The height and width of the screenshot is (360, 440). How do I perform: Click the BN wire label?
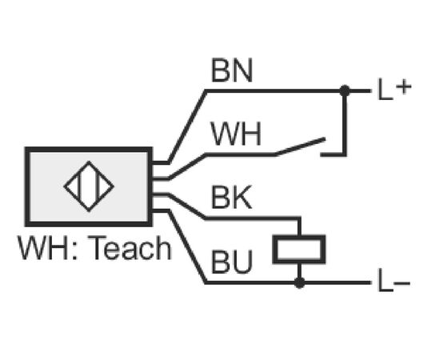[x=232, y=70]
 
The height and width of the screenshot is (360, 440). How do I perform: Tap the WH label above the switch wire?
[x=236, y=134]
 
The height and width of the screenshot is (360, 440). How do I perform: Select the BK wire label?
[x=231, y=198]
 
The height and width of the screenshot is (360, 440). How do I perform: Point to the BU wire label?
[x=232, y=262]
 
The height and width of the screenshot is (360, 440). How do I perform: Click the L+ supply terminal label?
[x=394, y=89]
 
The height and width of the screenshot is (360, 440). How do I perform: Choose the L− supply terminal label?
[x=394, y=281]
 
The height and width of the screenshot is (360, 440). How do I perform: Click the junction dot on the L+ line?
[x=345, y=90]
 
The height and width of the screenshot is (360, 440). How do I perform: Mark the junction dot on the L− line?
[x=299, y=283]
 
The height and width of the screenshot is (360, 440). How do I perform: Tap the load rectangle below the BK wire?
[x=299, y=250]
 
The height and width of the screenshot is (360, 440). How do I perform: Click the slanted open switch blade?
[x=300, y=146]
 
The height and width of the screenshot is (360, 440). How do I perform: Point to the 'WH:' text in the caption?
[x=47, y=248]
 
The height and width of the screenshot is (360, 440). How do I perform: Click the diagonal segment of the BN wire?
[x=187, y=126]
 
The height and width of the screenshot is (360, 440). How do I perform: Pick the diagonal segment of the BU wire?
[x=187, y=246]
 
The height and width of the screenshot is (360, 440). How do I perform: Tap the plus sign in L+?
[x=404, y=86]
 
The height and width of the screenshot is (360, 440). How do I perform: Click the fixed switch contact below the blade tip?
[x=334, y=154]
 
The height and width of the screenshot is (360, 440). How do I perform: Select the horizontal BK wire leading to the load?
[x=253, y=218]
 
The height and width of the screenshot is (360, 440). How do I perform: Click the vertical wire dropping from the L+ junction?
[x=345, y=123]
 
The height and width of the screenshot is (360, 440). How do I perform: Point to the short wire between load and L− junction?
[x=299, y=271]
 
